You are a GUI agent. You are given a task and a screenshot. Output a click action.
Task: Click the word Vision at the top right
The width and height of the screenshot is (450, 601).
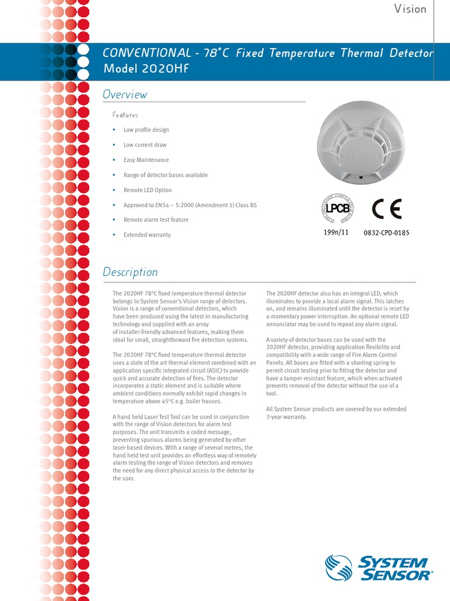tap(410, 9)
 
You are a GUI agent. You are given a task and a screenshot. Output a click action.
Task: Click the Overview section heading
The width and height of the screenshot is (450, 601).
tap(125, 94)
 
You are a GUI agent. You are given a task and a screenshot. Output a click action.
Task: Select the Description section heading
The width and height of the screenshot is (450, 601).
tap(130, 272)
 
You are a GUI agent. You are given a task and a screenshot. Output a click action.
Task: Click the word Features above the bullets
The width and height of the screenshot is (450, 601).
tap(125, 115)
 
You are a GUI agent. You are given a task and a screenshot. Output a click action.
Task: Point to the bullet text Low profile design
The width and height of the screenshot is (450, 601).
tap(146, 130)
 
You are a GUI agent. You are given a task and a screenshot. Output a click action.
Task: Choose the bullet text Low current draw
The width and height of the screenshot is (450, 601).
tap(145, 145)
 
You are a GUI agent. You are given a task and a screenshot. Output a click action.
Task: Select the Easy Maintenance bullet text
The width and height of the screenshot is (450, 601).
tap(146, 160)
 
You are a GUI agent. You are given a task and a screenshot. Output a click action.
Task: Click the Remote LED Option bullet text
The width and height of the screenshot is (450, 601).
tap(148, 190)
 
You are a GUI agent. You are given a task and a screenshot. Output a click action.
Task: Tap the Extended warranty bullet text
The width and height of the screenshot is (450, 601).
tap(147, 235)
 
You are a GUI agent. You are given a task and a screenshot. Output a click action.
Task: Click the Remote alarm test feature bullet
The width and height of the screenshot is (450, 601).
tap(156, 220)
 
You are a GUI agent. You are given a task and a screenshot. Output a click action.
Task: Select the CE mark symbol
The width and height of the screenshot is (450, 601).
tap(387, 208)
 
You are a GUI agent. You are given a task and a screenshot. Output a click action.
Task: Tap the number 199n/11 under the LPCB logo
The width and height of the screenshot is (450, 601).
tap(336, 232)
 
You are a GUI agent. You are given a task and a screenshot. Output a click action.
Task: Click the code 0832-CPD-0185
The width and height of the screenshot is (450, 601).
tap(386, 233)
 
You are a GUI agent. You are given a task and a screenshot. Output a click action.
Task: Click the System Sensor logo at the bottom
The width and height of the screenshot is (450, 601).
tap(379, 568)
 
